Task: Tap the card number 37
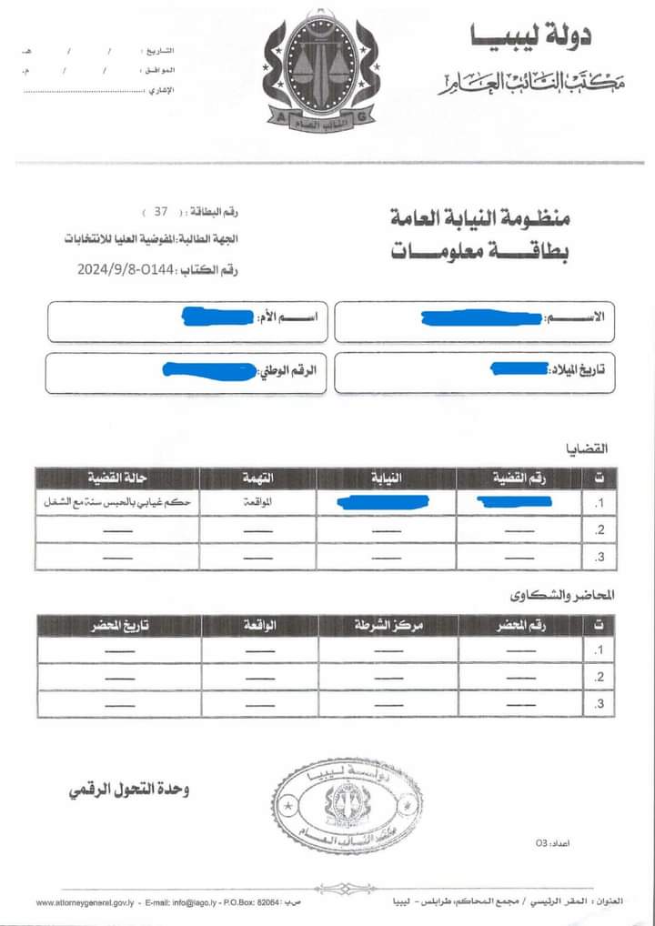coord(161,212)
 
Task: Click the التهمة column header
coord(257,478)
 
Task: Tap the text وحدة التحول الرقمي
coord(128,790)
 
